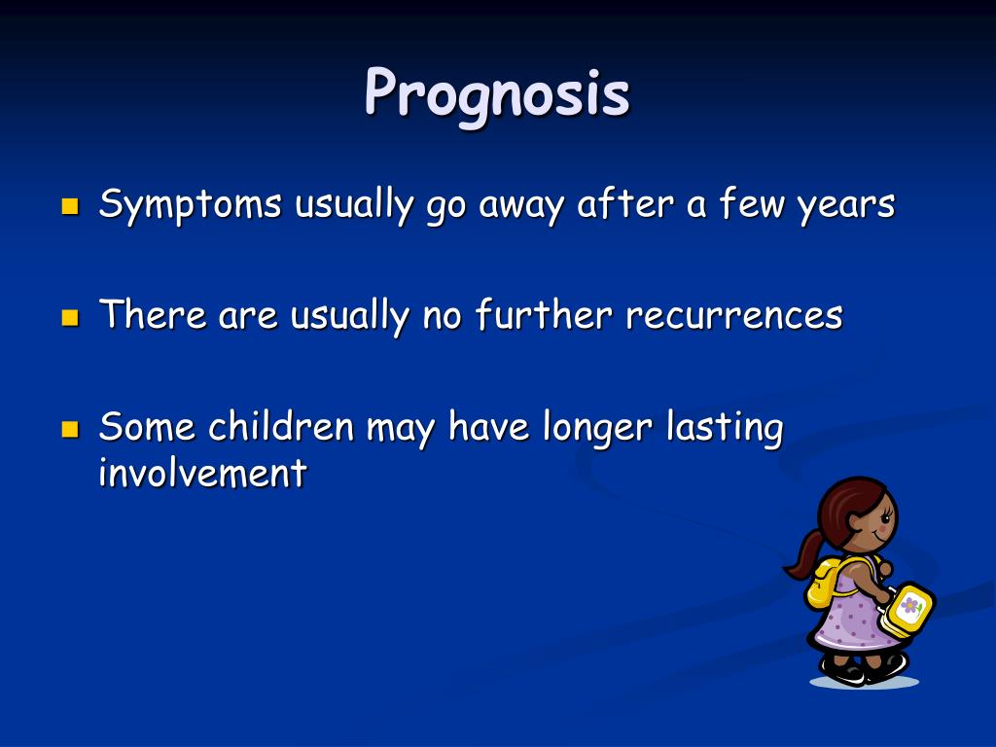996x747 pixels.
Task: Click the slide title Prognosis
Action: pos(497,95)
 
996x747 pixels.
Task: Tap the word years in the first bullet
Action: pos(846,207)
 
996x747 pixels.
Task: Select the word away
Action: pos(521,207)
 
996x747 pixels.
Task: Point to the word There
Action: pos(153,314)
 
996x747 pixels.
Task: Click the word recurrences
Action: pos(734,316)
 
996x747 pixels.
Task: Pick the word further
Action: pos(544,314)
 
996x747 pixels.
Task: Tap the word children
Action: pos(281,426)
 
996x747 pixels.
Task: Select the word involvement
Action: pos(202,473)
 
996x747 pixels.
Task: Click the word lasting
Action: pos(725,427)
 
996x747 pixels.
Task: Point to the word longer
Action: pos(597,427)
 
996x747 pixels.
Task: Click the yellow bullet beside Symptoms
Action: pos(70,206)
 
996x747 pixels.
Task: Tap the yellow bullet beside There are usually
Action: pos(70,317)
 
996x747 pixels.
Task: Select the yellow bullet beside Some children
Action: pos(70,429)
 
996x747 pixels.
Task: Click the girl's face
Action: pos(873,521)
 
